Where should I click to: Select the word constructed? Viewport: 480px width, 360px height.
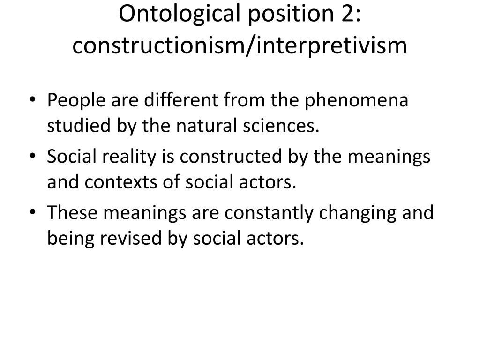pos(231,156)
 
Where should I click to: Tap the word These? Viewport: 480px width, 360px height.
pos(72,212)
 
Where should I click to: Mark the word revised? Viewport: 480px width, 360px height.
pos(131,238)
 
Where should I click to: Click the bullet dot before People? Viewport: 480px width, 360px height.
pos(33,99)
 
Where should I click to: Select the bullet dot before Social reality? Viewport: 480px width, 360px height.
pos(33,156)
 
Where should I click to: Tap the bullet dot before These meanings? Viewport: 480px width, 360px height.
pos(33,212)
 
